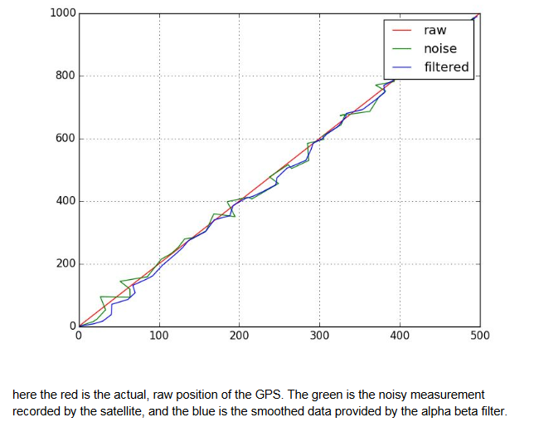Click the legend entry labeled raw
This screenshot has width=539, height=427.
(x=435, y=30)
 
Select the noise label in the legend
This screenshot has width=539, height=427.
(x=439, y=48)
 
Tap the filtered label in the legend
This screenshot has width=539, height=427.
(x=446, y=66)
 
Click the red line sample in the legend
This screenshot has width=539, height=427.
(x=401, y=31)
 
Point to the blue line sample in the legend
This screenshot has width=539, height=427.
(x=401, y=67)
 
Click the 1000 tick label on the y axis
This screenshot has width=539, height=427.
(x=62, y=13)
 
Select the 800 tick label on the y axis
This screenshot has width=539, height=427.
(x=66, y=76)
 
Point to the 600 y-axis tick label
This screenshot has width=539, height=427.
(x=66, y=139)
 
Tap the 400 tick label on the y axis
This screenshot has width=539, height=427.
(x=66, y=201)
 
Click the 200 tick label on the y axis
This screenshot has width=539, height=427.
(x=66, y=264)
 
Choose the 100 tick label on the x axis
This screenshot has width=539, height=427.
(x=159, y=336)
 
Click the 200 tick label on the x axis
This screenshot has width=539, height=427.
(x=239, y=336)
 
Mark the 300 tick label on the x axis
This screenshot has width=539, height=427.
(x=319, y=336)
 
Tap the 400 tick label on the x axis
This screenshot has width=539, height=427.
(x=400, y=336)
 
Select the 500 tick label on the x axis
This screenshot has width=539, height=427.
(x=479, y=336)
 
